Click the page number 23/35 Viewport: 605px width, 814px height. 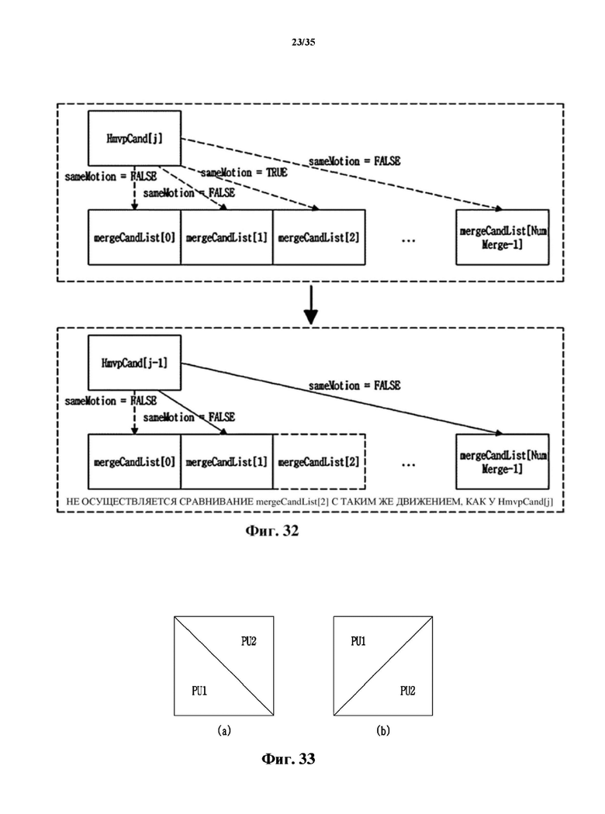click(x=303, y=42)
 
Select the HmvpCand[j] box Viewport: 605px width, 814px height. click(x=134, y=138)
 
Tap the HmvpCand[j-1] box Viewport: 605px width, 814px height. click(x=134, y=362)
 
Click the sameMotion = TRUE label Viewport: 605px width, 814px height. click(x=244, y=172)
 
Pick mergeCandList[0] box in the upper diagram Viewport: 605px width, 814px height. click(x=134, y=237)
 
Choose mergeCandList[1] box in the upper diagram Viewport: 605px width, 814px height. click(x=226, y=237)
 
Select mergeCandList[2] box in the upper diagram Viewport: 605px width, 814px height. click(x=319, y=237)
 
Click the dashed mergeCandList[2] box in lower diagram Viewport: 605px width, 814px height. click(x=319, y=461)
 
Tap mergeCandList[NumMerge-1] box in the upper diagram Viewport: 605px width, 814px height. click(x=502, y=237)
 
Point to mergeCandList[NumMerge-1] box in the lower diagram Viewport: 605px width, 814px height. click(x=502, y=461)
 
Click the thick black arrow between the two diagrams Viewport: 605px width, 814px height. click(x=310, y=305)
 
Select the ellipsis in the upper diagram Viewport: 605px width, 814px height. click(x=409, y=241)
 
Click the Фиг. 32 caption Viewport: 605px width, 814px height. click(x=272, y=530)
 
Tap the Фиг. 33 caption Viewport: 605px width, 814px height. click(x=289, y=759)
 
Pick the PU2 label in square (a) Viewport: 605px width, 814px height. click(x=249, y=641)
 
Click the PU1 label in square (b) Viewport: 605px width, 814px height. click(x=358, y=641)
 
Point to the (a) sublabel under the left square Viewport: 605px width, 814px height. click(x=224, y=730)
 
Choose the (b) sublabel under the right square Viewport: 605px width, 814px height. click(x=383, y=730)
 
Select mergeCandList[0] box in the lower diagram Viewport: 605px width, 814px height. click(x=134, y=461)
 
